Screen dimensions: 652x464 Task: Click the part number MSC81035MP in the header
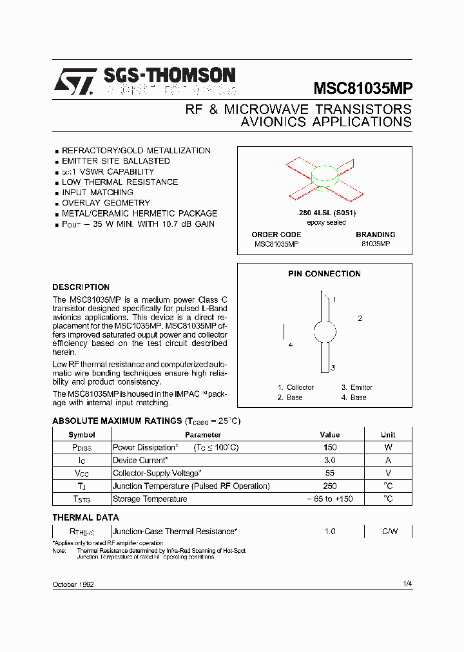click(x=363, y=88)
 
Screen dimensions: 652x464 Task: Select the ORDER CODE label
click(x=276, y=235)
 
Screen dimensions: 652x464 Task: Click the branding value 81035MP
click(x=375, y=244)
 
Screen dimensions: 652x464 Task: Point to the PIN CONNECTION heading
click(x=324, y=274)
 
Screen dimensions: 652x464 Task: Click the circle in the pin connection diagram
click(x=325, y=332)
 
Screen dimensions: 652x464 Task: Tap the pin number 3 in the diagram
click(x=333, y=368)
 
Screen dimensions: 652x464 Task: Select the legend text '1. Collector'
click(x=296, y=387)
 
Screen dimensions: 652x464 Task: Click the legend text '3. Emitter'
click(x=357, y=387)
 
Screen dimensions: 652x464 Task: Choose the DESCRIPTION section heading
click(x=81, y=287)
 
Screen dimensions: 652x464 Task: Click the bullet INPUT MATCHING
click(x=97, y=193)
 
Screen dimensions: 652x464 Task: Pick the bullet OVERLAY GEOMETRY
click(x=106, y=203)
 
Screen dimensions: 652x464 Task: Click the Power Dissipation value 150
click(x=329, y=447)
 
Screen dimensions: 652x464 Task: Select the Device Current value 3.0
click(x=329, y=460)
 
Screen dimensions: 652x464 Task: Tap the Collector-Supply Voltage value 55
click(x=329, y=473)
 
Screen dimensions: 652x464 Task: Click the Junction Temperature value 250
click(x=329, y=486)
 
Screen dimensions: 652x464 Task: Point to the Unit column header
click(x=388, y=435)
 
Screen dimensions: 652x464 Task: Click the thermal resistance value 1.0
click(x=329, y=532)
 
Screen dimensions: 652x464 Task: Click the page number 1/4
click(x=407, y=584)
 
